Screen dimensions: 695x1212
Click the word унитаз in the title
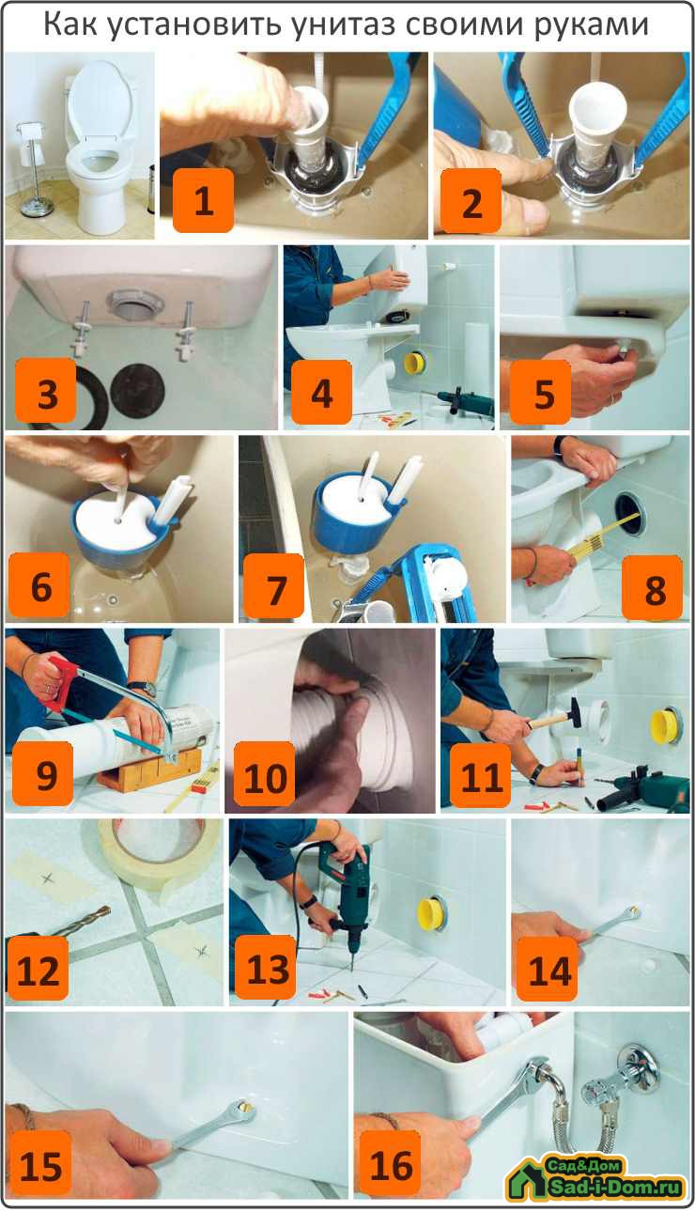[343, 24]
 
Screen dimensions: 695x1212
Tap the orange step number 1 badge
[204, 201]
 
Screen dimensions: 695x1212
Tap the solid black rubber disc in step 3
[137, 391]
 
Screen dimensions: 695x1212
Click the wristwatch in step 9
[145, 689]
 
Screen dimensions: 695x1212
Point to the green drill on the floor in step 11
[639, 785]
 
